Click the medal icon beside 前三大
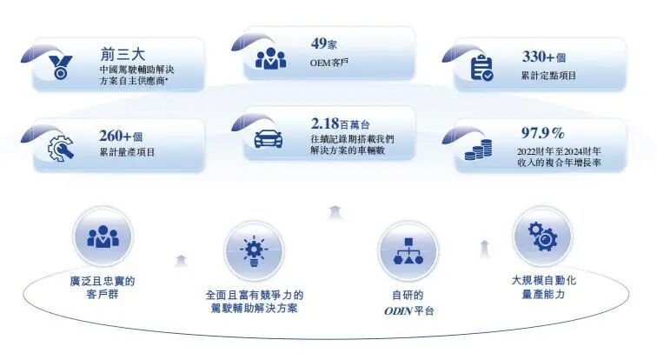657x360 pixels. (x=59, y=66)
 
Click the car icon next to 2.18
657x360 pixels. (x=270, y=137)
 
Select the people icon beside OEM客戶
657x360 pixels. (x=270, y=57)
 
